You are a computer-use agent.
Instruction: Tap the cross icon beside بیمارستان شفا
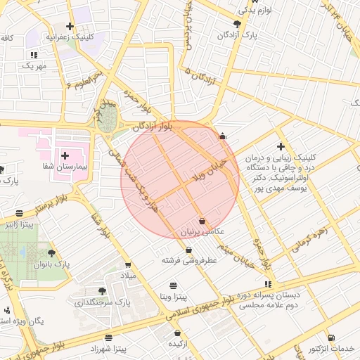[65, 155]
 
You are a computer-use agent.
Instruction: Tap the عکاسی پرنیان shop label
[202, 231]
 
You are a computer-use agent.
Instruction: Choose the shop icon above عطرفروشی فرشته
[188, 250]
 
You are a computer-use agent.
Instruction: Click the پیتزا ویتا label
[173, 297]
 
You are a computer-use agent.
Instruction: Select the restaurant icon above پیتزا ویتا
[173, 285]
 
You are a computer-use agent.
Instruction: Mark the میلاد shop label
[128, 275]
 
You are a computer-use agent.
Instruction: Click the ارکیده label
[177, 343]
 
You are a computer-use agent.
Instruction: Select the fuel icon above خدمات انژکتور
[330, 337]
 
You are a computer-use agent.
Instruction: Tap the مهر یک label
[33, 65]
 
